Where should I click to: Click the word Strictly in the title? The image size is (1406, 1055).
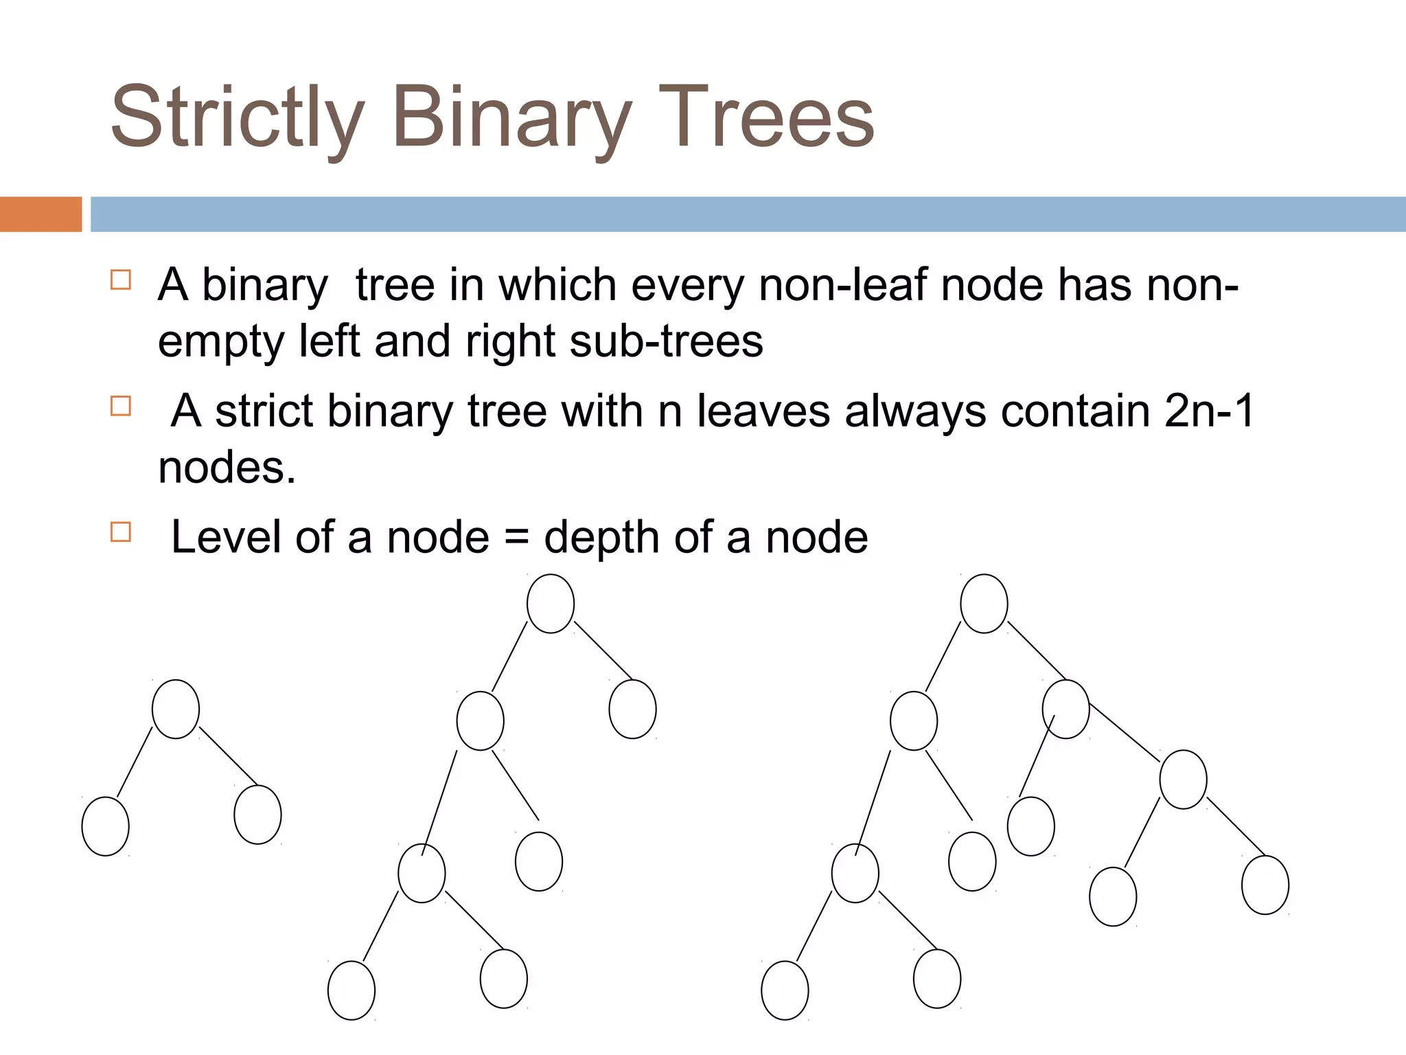[237, 117]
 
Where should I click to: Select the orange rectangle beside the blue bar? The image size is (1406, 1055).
[41, 214]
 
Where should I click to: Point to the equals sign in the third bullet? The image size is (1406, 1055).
[516, 537]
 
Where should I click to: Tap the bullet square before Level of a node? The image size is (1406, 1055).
[121, 532]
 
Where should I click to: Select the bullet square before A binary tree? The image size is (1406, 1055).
[121, 280]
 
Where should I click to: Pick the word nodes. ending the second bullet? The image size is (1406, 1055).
[227, 468]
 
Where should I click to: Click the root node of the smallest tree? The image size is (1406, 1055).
[176, 709]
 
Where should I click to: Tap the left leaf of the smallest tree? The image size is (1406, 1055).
[105, 826]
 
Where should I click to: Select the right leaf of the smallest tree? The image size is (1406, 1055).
[257, 815]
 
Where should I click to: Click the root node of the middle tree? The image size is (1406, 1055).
[551, 603]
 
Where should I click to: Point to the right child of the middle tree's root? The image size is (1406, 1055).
[632, 709]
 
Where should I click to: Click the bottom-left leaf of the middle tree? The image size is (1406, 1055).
[351, 990]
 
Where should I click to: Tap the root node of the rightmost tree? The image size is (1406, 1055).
[984, 603]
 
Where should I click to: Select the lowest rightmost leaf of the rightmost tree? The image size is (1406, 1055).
[1265, 885]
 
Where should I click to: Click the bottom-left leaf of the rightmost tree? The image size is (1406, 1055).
[785, 990]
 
